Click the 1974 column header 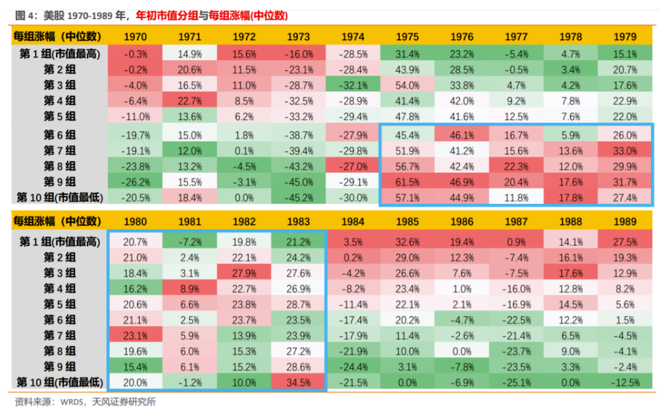(x=352, y=37)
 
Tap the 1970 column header (x=135, y=37)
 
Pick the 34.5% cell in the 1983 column (x=298, y=382)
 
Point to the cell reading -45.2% (x=298, y=197)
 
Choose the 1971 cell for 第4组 (x=189, y=100)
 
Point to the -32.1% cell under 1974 (x=352, y=85)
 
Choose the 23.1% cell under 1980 (x=135, y=336)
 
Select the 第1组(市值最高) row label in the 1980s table (x=58, y=242)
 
